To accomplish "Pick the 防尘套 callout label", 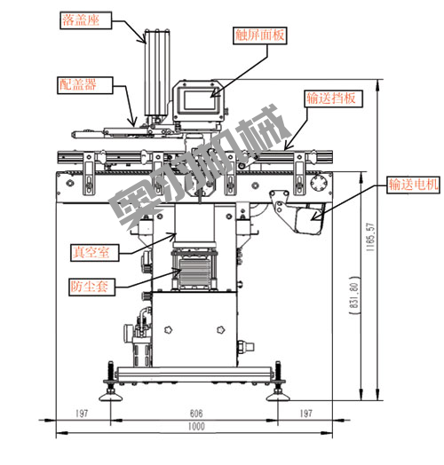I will (x=91, y=287).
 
